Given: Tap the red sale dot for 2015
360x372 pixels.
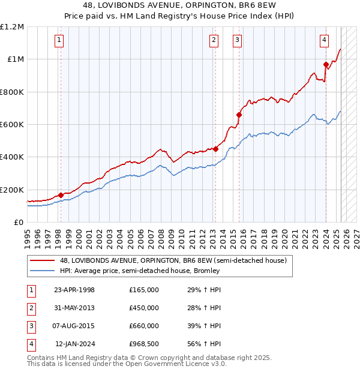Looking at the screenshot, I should [239, 115].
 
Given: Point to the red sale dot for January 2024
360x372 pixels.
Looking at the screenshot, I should [326, 64].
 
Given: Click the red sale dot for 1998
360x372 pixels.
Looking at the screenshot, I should [61, 195].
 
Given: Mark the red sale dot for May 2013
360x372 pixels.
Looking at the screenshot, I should [215, 149].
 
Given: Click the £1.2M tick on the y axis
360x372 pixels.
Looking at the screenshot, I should [12, 27].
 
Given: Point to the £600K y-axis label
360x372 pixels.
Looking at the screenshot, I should [11, 125].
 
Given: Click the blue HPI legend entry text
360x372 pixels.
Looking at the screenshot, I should [140, 271].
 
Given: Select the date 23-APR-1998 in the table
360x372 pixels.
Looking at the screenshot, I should [74, 290].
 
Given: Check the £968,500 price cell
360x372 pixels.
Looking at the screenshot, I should [143, 344].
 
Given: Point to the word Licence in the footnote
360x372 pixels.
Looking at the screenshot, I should [194, 364].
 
